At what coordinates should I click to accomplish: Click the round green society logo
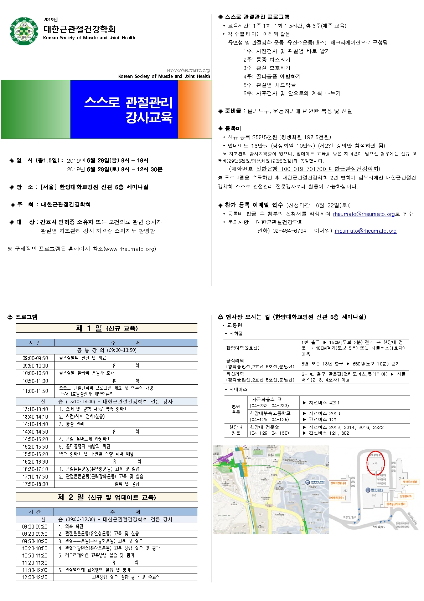[24, 31]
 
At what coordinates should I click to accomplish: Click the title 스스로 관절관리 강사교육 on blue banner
[128, 110]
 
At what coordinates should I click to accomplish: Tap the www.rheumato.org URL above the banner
[188, 70]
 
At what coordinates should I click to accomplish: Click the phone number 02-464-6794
[289, 231]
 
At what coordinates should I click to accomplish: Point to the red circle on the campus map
[376, 463]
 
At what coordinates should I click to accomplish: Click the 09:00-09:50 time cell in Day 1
[35, 358]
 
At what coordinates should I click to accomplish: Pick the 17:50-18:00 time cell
[35, 484]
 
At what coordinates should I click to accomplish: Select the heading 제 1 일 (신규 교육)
[107, 328]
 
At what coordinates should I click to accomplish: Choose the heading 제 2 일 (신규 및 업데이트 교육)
[107, 497]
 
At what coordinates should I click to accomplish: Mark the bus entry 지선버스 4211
[324, 403]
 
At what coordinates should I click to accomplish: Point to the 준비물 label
[233, 111]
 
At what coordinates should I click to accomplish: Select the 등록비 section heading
[233, 128]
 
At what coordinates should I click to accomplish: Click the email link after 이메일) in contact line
[365, 231]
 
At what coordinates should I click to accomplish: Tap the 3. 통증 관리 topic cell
[71, 424]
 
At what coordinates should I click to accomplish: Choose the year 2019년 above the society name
[51, 20]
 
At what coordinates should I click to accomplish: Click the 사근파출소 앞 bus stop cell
[267, 399]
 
